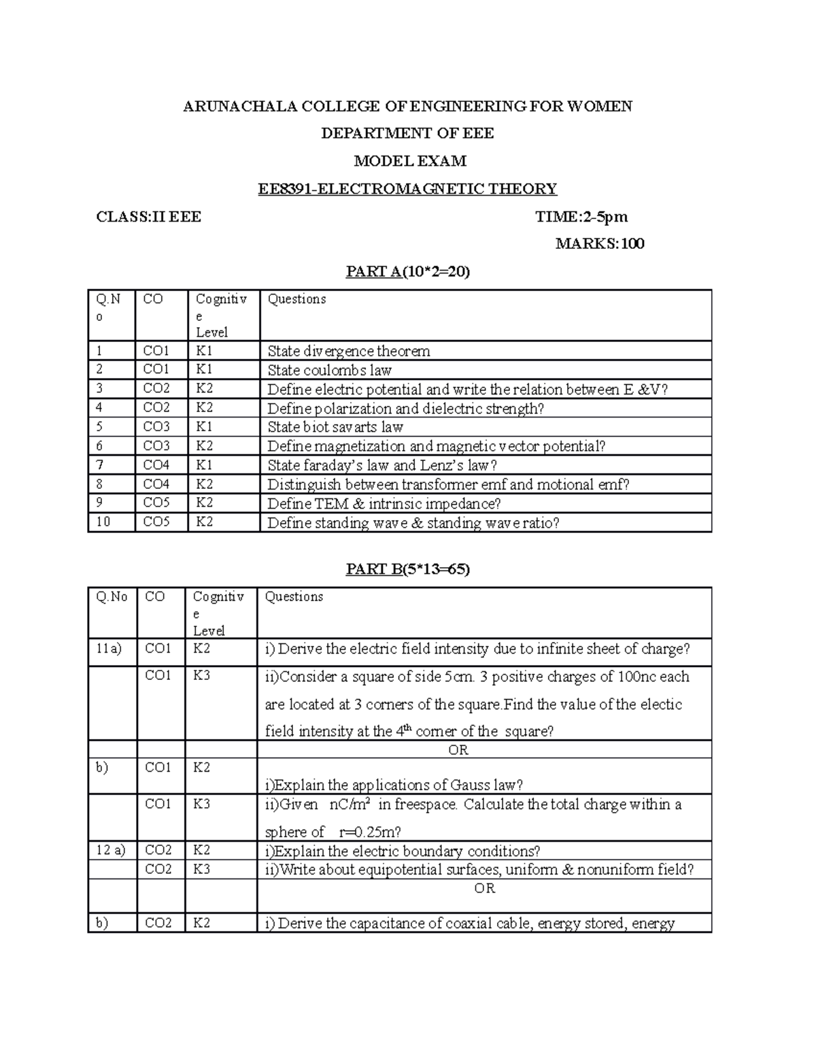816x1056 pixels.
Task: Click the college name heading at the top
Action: tap(407, 106)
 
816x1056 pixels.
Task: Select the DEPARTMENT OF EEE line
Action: tap(407, 133)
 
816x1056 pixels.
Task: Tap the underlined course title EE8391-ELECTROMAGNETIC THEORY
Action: tap(407, 188)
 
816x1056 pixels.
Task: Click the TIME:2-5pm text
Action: tap(581, 217)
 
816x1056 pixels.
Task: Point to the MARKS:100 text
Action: tap(600, 243)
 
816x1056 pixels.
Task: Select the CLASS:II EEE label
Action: tap(148, 217)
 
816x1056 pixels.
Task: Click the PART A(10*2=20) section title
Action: tap(407, 272)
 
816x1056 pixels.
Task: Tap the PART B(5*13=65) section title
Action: tap(407, 569)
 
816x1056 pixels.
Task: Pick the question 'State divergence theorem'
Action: tap(349, 352)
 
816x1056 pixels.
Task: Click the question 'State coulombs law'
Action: tap(329, 371)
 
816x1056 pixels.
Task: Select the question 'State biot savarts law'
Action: tap(335, 427)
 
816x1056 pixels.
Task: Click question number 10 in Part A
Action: tap(103, 522)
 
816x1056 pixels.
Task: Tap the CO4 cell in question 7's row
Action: tap(156, 465)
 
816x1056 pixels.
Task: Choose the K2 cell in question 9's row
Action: tap(205, 503)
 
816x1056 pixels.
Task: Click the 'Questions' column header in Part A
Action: tap(296, 299)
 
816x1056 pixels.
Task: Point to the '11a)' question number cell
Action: tap(108, 649)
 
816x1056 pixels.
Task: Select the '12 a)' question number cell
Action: tap(110, 850)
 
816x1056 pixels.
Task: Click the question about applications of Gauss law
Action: tap(394, 785)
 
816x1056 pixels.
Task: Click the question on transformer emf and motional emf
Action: tap(448, 485)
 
